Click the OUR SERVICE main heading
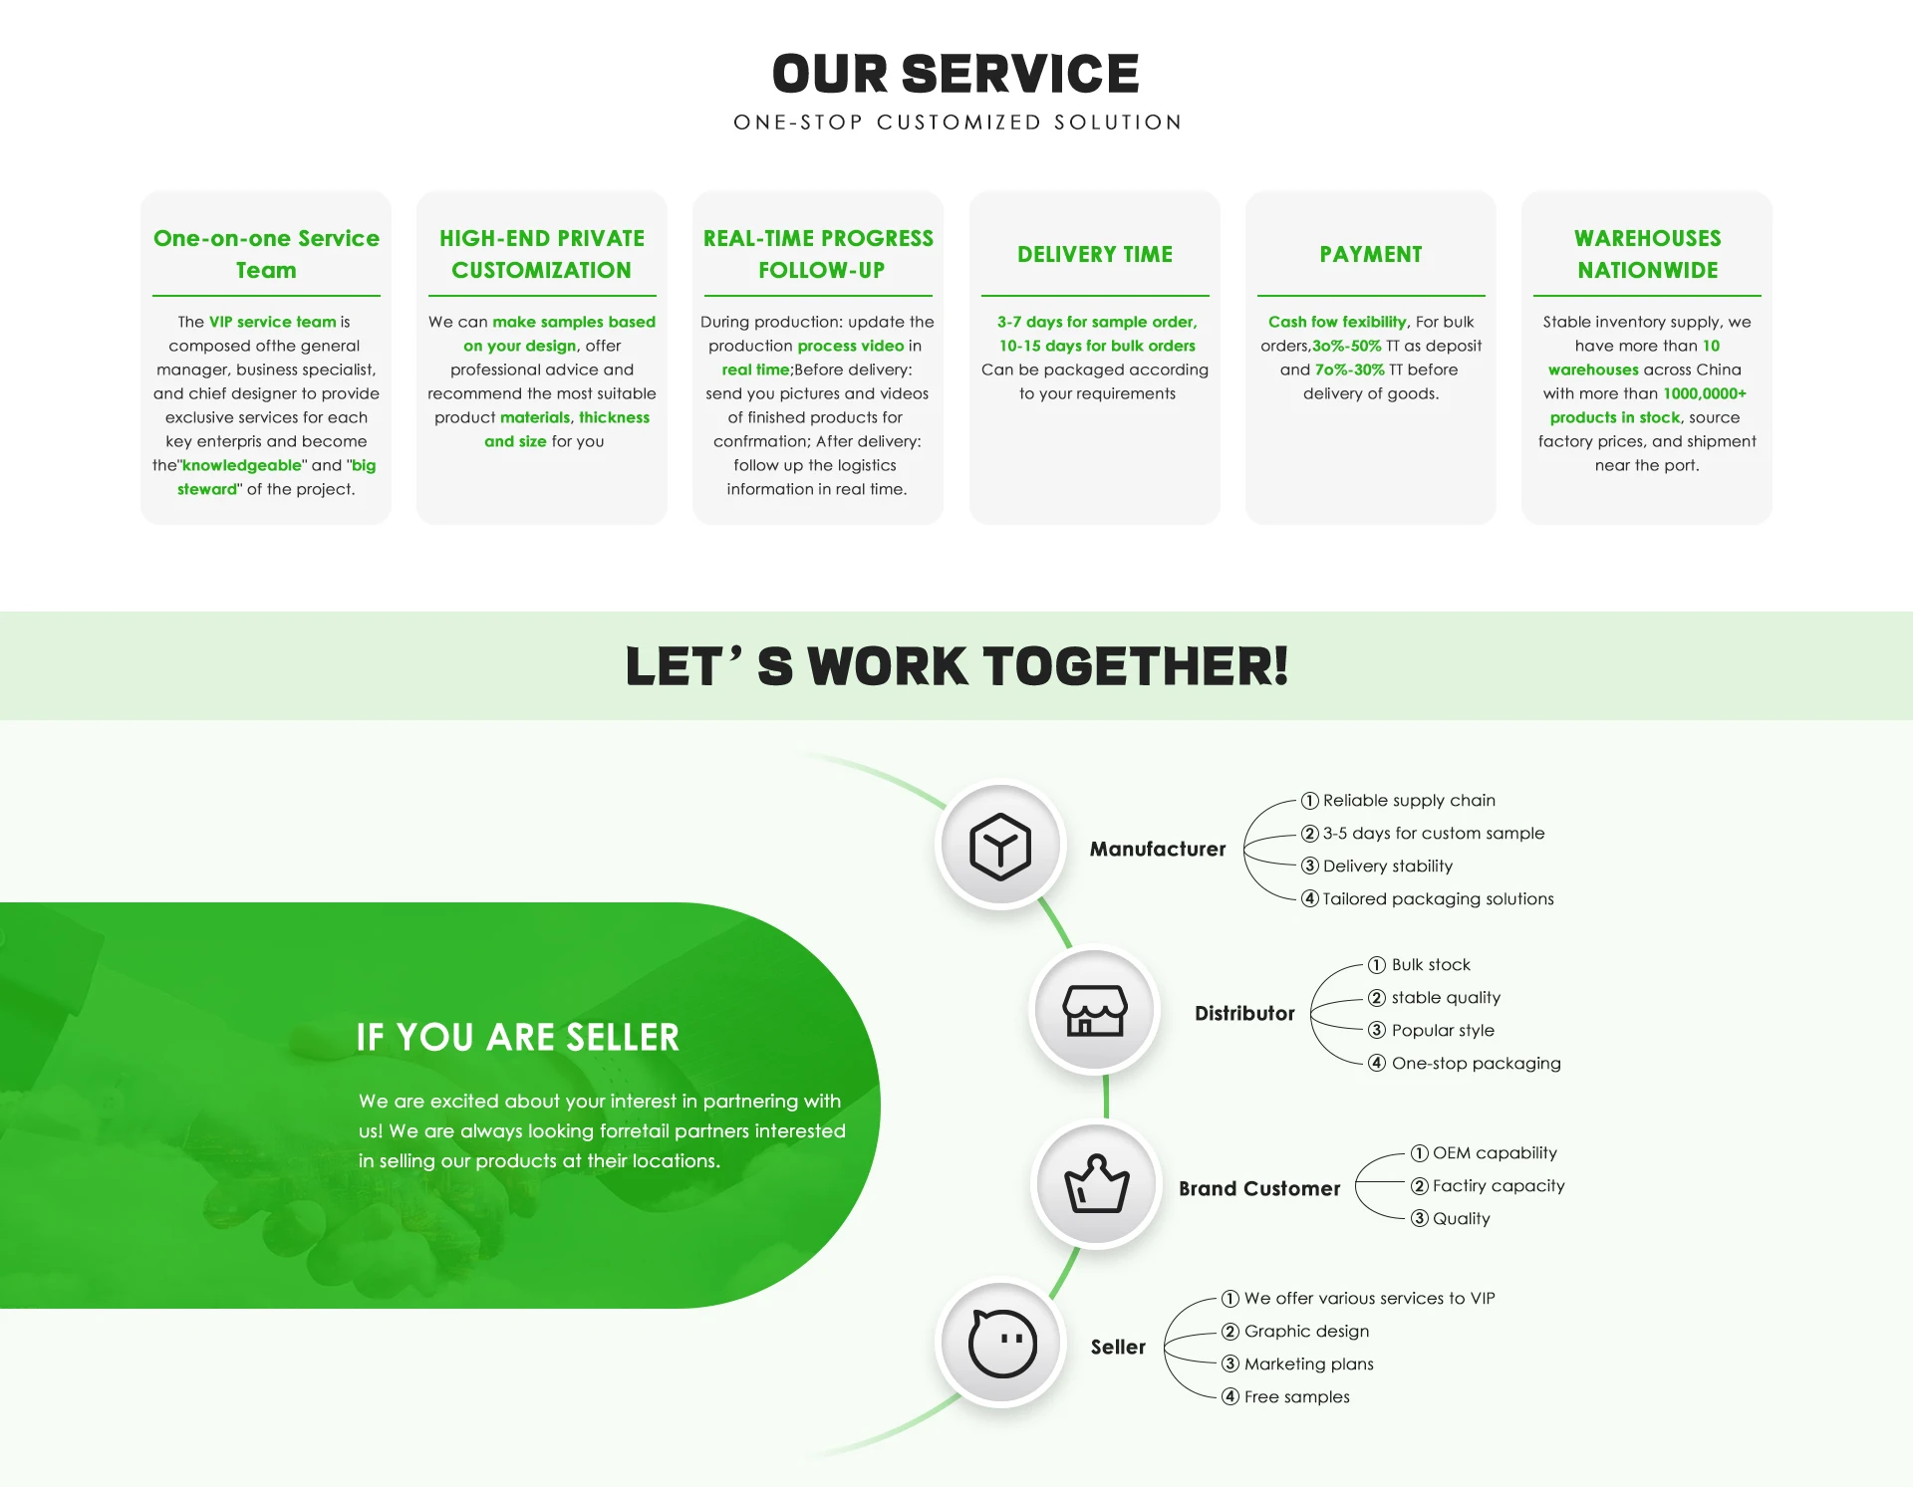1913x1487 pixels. [x=956, y=75]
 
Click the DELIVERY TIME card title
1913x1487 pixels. [x=1094, y=254]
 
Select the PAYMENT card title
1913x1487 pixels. [x=1370, y=254]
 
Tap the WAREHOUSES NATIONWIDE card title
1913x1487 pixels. [x=1647, y=254]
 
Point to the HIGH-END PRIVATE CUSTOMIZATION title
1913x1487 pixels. [x=541, y=254]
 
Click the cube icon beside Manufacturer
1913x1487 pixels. [x=1000, y=846]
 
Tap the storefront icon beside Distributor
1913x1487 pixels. [x=1095, y=1011]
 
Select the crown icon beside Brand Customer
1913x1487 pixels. [x=1096, y=1184]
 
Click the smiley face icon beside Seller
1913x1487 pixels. [x=1002, y=1343]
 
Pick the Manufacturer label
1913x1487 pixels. [x=1157, y=849]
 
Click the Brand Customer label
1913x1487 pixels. [x=1259, y=1188]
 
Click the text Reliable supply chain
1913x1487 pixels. [x=1409, y=800]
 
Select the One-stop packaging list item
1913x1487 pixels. [x=1476, y=1063]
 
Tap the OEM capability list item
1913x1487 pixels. [x=1495, y=1152]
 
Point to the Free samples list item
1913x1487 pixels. [x=1296, y=1396]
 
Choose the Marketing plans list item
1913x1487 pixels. [x=1308, y=1363]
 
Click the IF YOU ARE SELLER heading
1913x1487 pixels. [x=517, y=1037]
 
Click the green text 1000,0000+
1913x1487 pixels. [x=1704, y=393]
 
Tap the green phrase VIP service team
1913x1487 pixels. [x=272, y=322]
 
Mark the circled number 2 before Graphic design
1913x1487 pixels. [x=1230, y=1332]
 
